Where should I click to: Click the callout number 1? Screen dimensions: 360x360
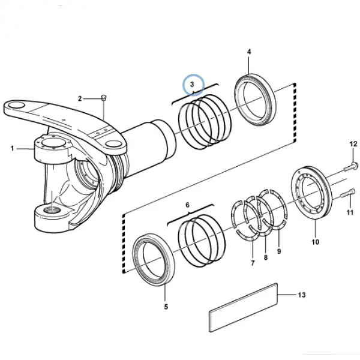[12, 148]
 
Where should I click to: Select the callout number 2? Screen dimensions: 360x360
[80, 99]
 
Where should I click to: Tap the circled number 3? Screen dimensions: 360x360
[192, 84]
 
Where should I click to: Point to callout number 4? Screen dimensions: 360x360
[249, 52]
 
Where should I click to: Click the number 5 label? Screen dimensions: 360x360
[166, 307]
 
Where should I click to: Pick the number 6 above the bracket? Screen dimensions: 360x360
[188, 205]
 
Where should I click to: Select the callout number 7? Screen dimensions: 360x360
[253, 263]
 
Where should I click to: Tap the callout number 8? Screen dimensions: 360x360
[266, 257]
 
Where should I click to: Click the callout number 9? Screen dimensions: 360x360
[279, 251]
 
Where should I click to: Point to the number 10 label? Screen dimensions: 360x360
[315, 242]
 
